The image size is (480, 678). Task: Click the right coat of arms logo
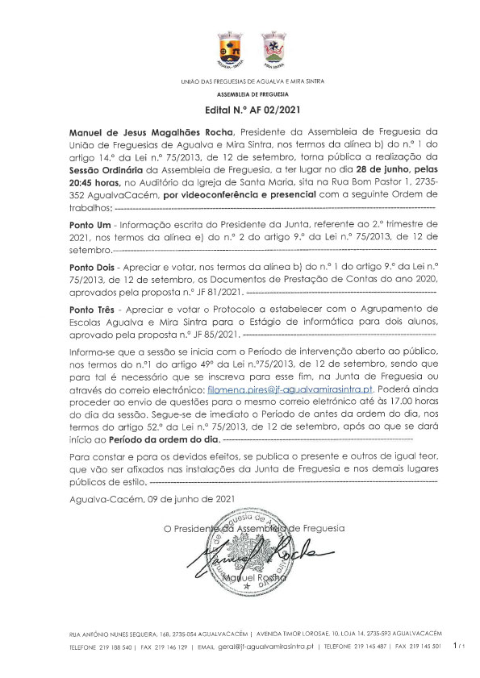[x=275, y=50]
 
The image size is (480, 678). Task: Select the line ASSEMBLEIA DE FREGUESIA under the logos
[x=240, y=94]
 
